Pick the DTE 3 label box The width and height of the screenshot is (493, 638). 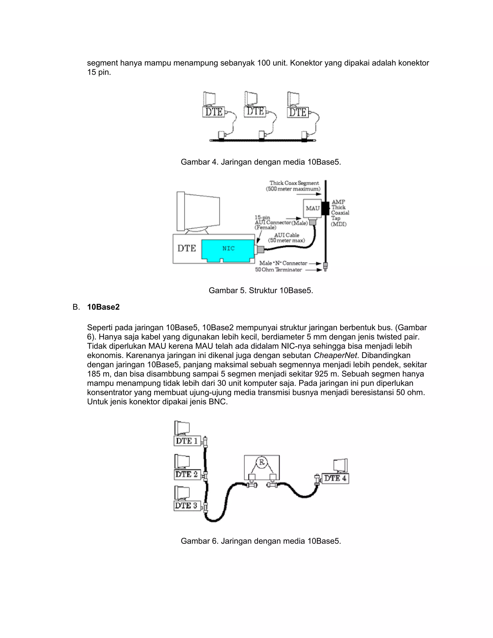point(187,506)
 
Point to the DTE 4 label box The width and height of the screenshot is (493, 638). point(335,478)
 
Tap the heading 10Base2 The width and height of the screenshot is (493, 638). point(103,307)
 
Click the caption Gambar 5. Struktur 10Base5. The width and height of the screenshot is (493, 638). point(261,290)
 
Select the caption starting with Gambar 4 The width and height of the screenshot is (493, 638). point(261,162)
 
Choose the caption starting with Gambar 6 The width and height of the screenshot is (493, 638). point(261,541)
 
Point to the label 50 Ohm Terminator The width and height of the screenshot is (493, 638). point(278,270)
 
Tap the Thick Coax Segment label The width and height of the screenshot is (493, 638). point(294,183)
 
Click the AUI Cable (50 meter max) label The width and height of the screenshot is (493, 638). point(286,238)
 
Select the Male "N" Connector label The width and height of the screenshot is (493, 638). point(283,263)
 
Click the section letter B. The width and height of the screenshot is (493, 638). point(76,307)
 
